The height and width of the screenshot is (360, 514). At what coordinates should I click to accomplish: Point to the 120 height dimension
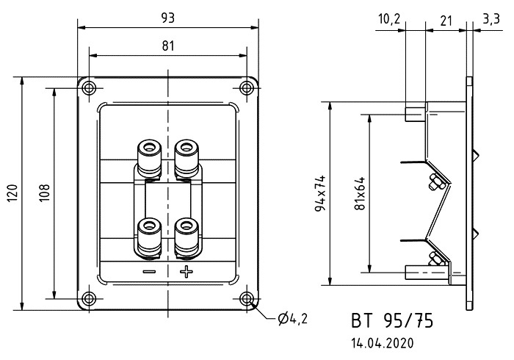click(12, 194)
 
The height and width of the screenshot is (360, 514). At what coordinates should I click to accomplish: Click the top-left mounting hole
click(90, 89)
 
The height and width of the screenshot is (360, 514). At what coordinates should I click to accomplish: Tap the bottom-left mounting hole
click(90, 298)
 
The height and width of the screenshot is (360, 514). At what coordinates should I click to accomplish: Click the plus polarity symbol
click(186, 273)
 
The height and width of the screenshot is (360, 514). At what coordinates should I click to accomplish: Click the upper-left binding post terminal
click(150, 156)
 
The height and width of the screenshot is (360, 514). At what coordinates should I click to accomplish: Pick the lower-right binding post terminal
click(187, 234)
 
